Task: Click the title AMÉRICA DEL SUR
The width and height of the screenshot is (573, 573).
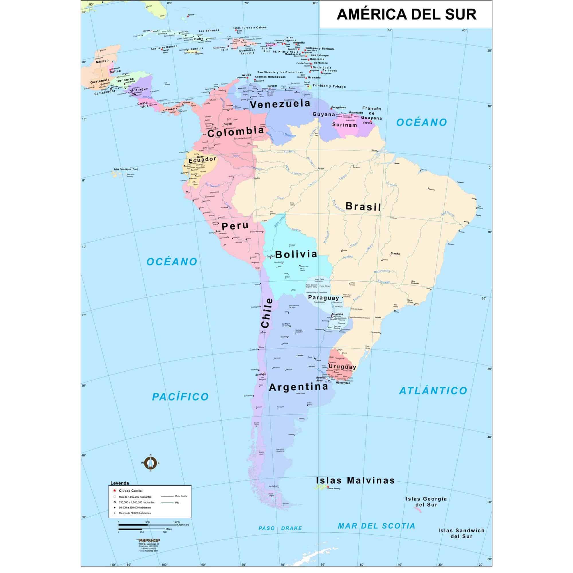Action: [x=406, y=14]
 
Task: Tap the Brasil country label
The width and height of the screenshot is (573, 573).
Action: [x=363, y=206]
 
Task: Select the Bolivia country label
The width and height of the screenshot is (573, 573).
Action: [x=296, y=254]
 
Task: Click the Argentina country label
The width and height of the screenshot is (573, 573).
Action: [x=299, y=387]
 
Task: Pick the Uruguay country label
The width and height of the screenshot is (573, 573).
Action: [x=342, y=367]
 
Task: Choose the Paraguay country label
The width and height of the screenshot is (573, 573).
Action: [x=323, y=297]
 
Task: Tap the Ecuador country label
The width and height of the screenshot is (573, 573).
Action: [x=203, y=159]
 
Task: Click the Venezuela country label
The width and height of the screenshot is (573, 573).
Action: [x=280, y=104]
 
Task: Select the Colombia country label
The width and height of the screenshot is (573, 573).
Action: [x=236, y=132]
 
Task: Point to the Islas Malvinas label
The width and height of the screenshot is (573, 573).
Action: [x=355, y=481]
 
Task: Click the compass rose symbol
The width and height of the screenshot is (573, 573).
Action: [x=151, y=463]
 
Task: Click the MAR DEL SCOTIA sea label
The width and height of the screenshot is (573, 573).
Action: [x=376, y=526]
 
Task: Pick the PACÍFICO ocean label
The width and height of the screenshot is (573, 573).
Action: [x=180, y=397]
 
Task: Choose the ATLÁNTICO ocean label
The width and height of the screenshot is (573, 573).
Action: [x=433, y=391]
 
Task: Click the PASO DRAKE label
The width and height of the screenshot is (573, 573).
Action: [x=280, y=528]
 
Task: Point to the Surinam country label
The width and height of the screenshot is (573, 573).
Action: [x=344, y=125]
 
